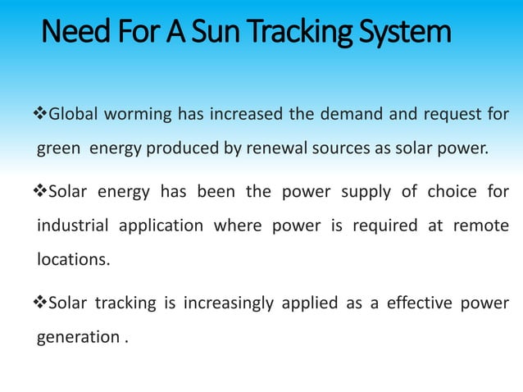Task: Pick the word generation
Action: coord(78,337)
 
